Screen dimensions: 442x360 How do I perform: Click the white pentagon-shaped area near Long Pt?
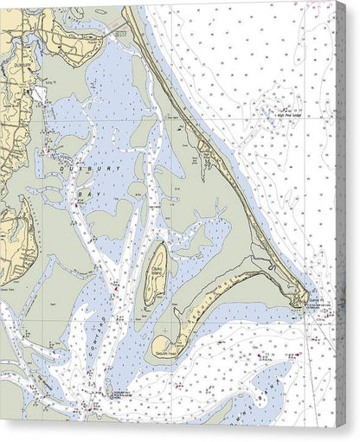[40, 94]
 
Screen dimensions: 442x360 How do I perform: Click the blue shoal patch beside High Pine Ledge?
[264, 110]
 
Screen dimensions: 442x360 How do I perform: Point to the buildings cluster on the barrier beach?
[206, 158]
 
